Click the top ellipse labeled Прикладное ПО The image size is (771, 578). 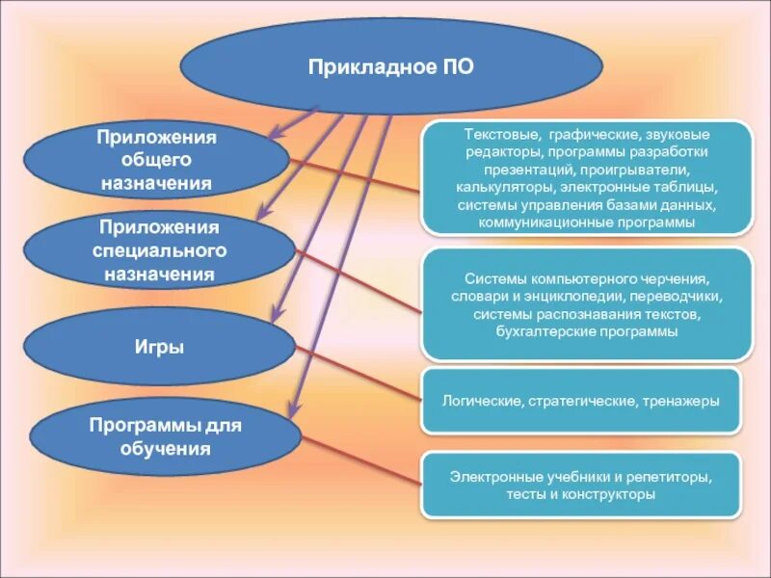pos(390,66)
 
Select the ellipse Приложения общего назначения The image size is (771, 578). pos(156,159)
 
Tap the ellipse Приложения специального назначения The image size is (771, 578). pos(158,250)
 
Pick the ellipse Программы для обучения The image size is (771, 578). pos(165,436)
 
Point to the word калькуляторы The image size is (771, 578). pos(500,188)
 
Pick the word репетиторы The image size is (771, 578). pos(672,477)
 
